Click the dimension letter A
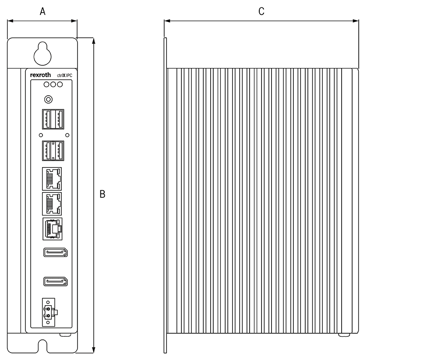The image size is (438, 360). point(42,12)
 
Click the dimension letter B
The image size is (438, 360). point(102,194)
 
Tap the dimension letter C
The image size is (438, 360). point(261,12)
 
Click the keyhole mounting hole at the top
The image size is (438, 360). point(42,53)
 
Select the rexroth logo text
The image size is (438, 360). point(41,75)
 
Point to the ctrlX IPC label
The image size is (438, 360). point(65,75)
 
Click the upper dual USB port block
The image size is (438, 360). point(53,119)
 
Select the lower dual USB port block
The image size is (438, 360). point(53,151)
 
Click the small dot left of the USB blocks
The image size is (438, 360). point(41,135)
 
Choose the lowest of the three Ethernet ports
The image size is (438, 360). point(52,228)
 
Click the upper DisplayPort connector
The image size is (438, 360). point(55,253)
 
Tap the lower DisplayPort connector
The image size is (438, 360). point(55,282)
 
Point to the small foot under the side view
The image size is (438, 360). point(344,335)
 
